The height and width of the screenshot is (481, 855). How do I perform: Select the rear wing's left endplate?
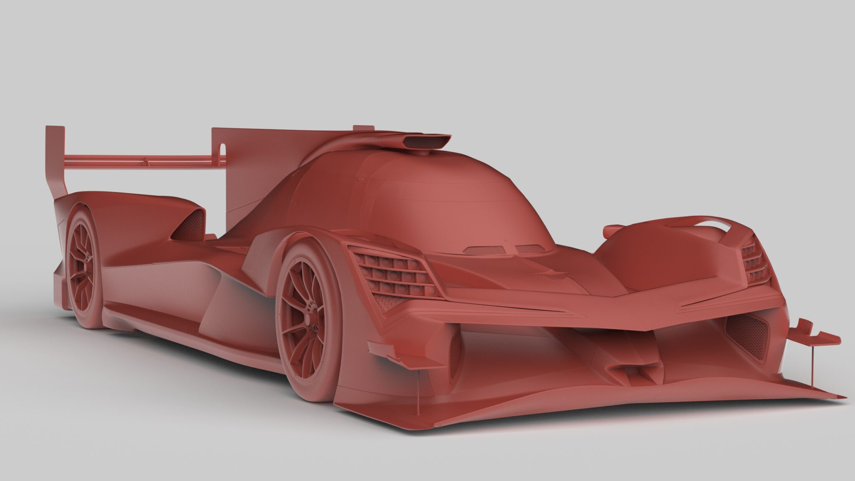[55, 159]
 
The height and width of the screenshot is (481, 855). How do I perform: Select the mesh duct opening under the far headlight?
[747, 334]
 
